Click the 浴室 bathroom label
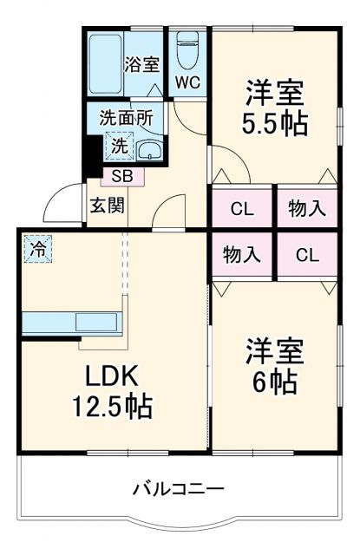(x=141, y=63)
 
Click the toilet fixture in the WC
(x=187, y=52)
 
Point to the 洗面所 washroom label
(x=125, y=117)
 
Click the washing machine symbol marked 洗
(x=120, y=145)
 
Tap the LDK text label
(x=111, y=376)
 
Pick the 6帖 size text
(x=273, y=380)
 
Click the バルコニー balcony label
(x=179, y=489)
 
